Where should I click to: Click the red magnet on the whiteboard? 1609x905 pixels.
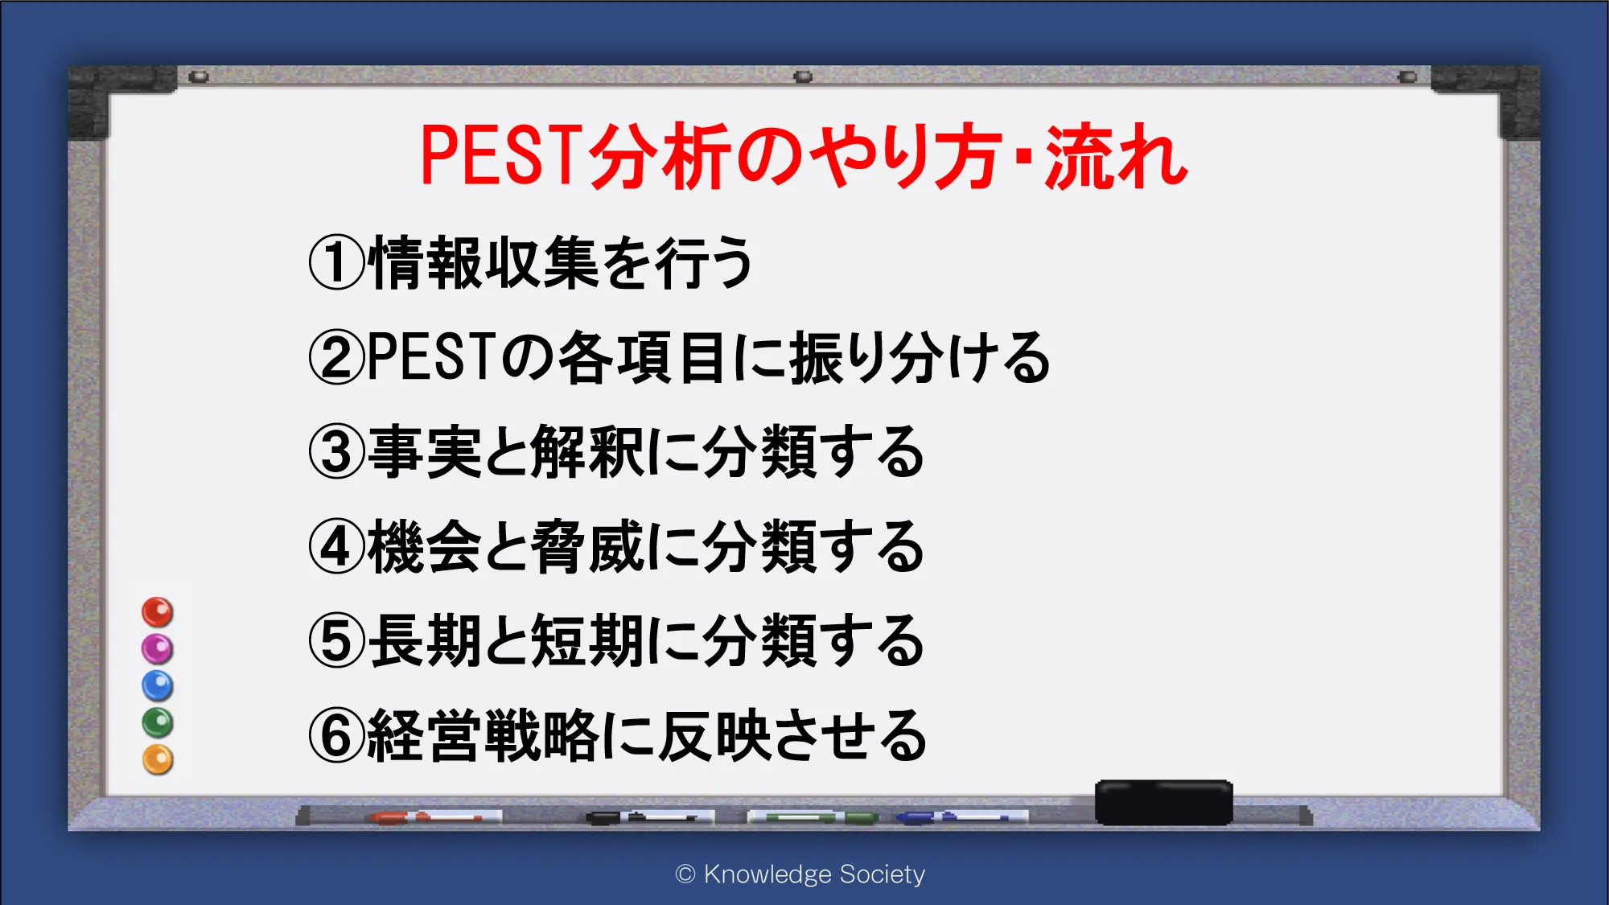158,612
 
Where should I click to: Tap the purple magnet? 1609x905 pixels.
158,649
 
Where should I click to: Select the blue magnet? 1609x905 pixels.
158,685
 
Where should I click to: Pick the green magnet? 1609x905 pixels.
158,722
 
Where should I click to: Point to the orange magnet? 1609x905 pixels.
158,759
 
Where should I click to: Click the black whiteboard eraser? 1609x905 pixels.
1163,802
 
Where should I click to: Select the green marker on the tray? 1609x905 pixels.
813,817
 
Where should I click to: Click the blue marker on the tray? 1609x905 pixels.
961,817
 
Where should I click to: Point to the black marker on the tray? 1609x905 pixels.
649,817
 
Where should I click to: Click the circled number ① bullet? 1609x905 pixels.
337,263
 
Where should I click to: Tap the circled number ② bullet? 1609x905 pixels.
337,358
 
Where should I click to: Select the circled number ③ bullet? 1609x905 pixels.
337,452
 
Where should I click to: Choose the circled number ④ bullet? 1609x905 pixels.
337,547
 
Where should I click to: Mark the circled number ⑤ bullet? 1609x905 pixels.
337,641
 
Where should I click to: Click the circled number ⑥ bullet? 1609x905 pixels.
337,736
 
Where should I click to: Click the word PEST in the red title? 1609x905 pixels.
501,155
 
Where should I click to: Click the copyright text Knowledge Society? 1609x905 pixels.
814,874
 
